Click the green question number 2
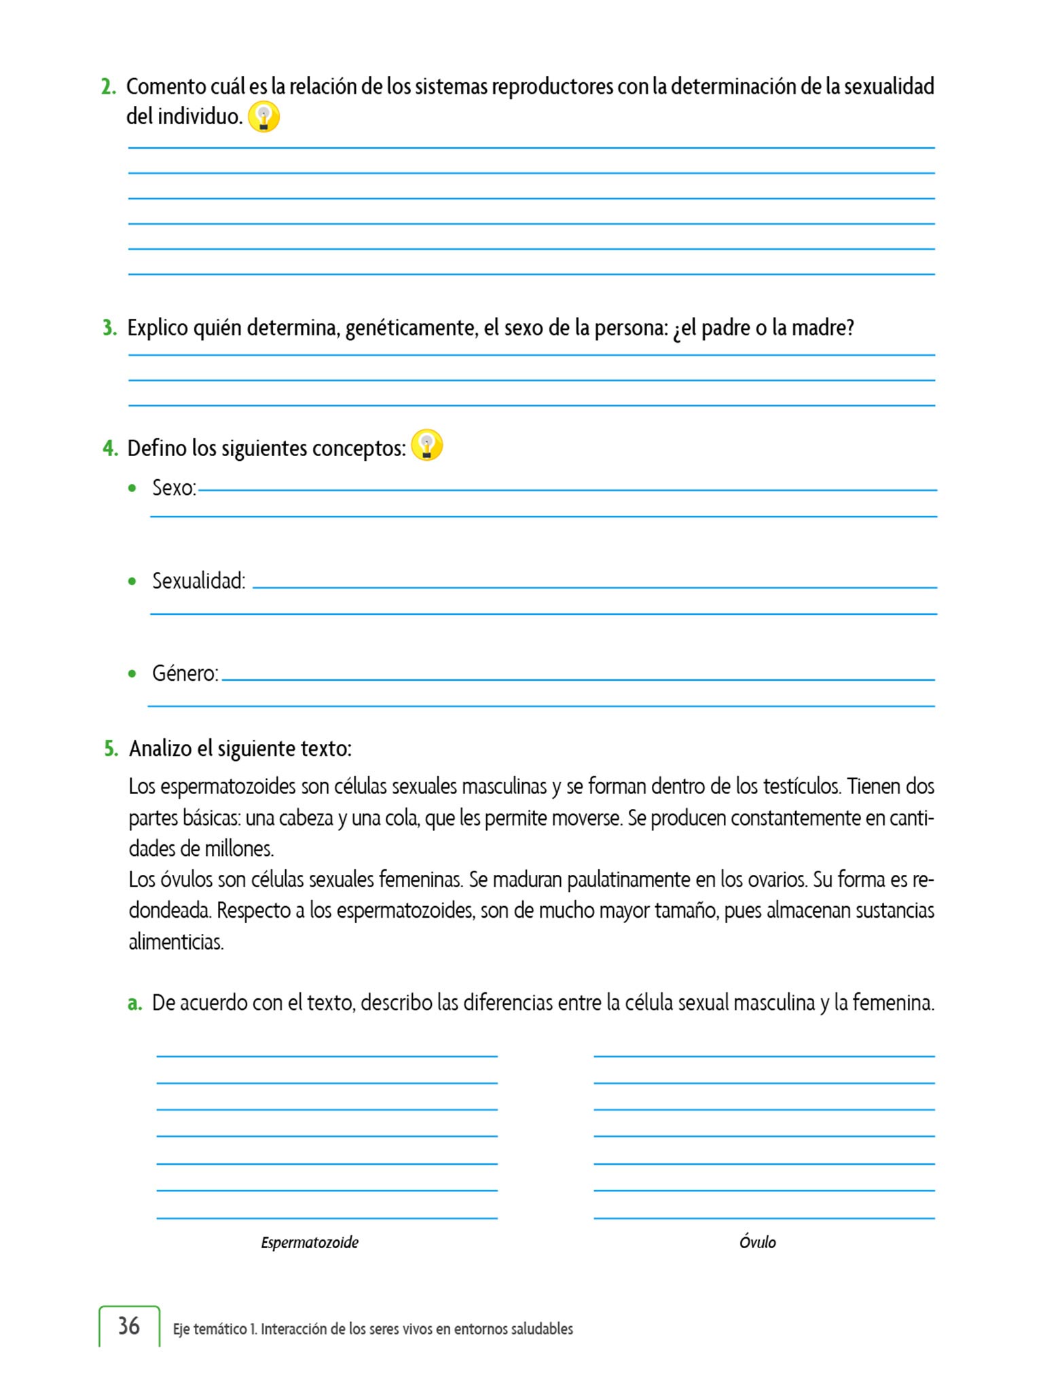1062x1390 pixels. click(108, 87)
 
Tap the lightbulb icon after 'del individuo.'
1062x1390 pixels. click(263, 117)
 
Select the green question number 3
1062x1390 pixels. click(109, 328)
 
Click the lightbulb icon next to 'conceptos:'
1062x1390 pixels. click(427, 446)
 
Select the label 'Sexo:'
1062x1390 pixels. click(174, 488)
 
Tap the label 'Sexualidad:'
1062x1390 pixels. click(198, 581)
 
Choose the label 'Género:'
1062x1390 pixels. click(185, 673)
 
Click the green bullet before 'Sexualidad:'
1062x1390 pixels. click(132, 581)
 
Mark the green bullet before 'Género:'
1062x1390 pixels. click(132, 673)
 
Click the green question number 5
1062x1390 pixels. click(111, 749)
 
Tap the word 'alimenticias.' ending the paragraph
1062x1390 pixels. click(176, 942)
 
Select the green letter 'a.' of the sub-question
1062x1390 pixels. click(134, 1003)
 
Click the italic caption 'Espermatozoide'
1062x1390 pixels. click(310, 1243)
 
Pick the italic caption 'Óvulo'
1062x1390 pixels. click(757, 1242)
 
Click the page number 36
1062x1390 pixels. click(129, 1326)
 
